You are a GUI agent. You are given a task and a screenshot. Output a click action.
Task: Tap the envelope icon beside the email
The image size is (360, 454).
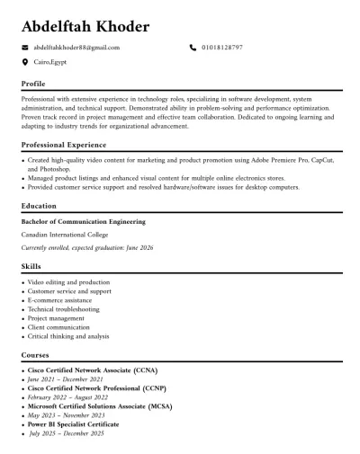point(24,47)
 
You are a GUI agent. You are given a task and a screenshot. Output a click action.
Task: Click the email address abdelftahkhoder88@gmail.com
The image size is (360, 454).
point(76,47)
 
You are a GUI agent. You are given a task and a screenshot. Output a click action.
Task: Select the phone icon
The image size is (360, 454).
point(193,47)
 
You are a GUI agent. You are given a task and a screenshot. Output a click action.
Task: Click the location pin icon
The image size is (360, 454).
point(24,63)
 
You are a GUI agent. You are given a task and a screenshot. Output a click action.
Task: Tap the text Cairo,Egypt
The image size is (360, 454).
point(50,63)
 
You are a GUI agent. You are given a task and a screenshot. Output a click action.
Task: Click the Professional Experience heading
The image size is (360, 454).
point(64,145)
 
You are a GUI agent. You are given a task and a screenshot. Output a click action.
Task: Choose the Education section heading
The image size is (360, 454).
point(39,206)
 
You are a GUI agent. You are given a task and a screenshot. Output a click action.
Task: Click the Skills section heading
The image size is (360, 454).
point(31,267)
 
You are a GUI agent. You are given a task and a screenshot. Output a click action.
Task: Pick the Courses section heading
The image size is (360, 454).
point(35,355)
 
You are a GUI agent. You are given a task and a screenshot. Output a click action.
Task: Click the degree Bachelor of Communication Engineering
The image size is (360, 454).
point(83,222)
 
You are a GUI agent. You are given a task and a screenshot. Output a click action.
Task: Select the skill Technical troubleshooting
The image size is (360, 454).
point(63,309)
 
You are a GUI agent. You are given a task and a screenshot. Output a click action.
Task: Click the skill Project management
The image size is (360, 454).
point(56,318)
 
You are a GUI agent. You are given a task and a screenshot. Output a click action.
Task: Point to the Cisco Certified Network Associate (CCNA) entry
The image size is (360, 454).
point(80,370)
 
